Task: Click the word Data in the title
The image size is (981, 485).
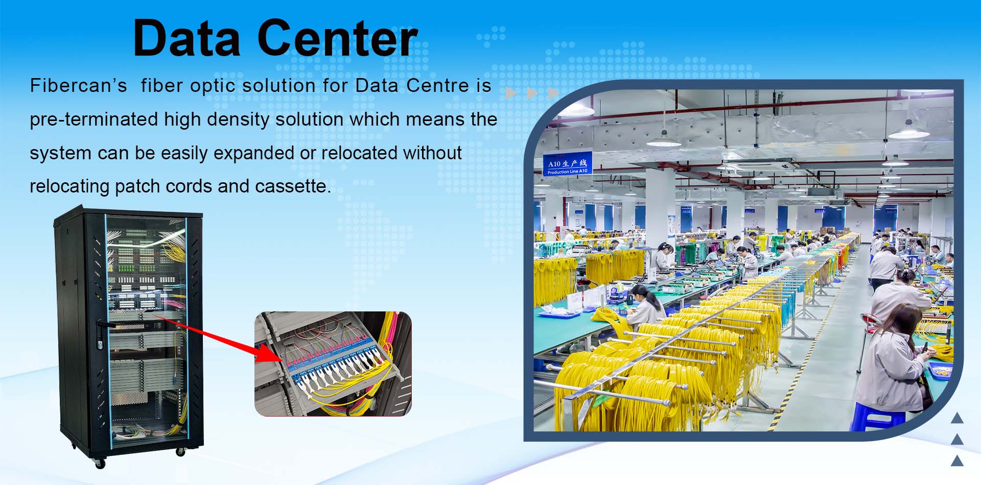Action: pyautogui.click(x=186, y=38)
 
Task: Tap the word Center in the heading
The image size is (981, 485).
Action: pyautogui.click(x=338, y=38)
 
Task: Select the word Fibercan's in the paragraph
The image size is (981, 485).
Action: pyautogui.click(x=78, y=85)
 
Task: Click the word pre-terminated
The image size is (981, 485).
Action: pyautogui.click(x=94, y=119)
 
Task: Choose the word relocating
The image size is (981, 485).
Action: pyautogui.click(x=69, y=186)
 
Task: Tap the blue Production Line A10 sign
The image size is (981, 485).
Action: pyautogui.click(x=568, y=163)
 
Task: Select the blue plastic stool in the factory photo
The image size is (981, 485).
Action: pyautogui.click(x=877, y=417)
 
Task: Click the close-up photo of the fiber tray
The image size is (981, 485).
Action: pyautogui.click(x=333, y=363)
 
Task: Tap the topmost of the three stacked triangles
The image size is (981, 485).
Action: pyautogui.click(x=957, y=419)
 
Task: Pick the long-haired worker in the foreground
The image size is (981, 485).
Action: pyautogui.click(x=894, y=357)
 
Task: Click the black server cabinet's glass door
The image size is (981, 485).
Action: pyautogui.click(x=146, y=332)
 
